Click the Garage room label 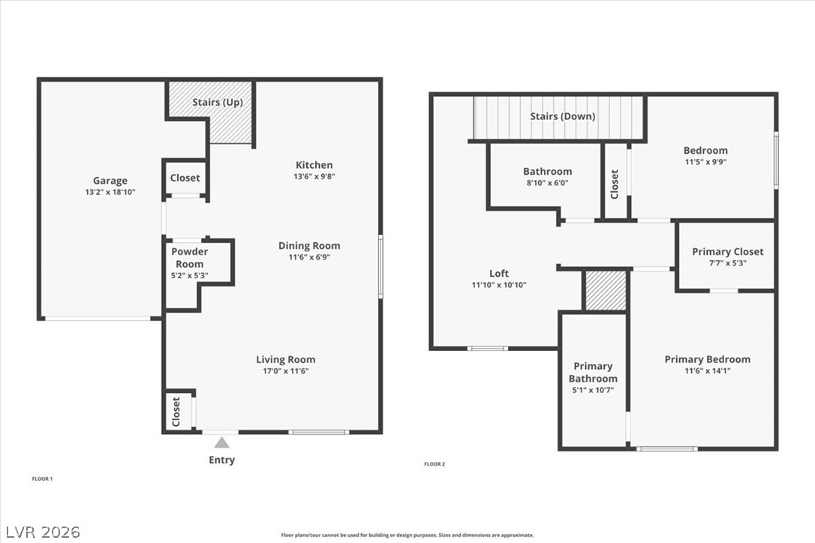click(110, 181)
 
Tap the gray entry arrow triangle click(222, 442)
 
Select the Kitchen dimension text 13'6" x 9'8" click(314, 177)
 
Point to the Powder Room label click(190, 258)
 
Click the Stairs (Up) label click(218, 102)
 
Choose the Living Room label click(285, 359)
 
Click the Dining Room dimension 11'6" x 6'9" click(309, 257)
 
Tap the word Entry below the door click(222, 460)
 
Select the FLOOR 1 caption click(43, 479)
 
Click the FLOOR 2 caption click(435, 464)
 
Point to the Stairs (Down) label click(562, 115)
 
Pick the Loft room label click(499, 273)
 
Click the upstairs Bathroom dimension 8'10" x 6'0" click(547, 183)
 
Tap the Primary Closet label click(728, 251)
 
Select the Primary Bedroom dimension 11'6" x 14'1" click(708, 371)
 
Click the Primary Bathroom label click(593, 372)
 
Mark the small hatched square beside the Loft click(606, 290)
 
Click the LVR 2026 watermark click(43, 532)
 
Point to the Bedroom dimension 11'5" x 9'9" click(705, 162)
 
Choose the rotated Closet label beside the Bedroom click(615, 184)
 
